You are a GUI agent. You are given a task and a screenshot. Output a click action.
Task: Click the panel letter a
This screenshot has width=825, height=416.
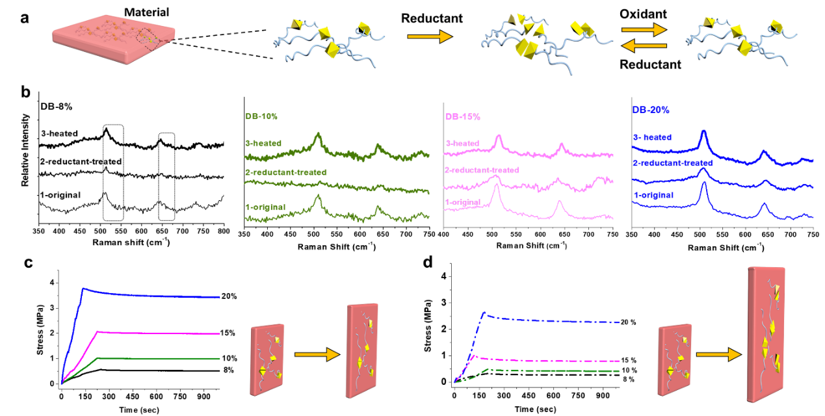(25, 18)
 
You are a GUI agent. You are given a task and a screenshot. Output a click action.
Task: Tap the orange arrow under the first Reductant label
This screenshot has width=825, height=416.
(429, 37)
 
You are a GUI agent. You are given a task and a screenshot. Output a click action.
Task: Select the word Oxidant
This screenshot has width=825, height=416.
(644, 13)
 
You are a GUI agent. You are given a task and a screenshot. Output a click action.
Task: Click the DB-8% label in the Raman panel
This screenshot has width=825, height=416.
(54, 106)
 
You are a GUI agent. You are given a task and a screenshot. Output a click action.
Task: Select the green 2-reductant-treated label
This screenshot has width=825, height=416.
(287, 172)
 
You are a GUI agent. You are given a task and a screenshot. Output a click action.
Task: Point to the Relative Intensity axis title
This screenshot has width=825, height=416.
(25, 150)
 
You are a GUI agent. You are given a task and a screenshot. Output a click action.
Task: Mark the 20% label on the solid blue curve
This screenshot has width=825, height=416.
(229, 296)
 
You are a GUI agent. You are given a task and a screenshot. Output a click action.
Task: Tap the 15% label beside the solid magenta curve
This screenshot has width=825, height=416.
(229, 333)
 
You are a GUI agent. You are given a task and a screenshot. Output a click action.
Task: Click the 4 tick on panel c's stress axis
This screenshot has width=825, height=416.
(53, 283)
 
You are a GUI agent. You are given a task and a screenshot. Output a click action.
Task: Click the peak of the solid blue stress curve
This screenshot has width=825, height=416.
(83, 288)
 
